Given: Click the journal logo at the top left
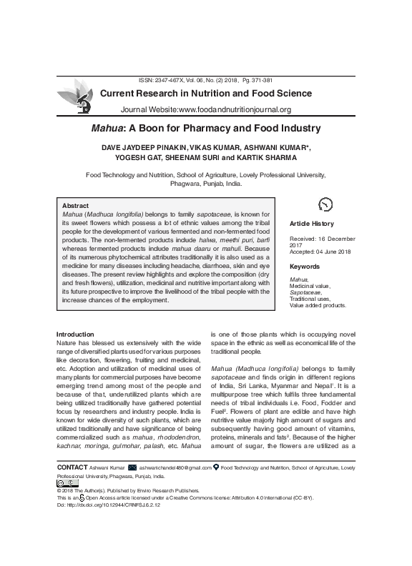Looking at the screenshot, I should point(74,99).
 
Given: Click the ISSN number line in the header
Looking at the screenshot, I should point(205,81).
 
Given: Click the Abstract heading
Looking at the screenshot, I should point(76,205).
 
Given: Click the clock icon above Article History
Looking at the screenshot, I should point(325,204).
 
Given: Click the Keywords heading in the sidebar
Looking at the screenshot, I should point(305,267).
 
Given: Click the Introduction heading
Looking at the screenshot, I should point(75,334).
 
